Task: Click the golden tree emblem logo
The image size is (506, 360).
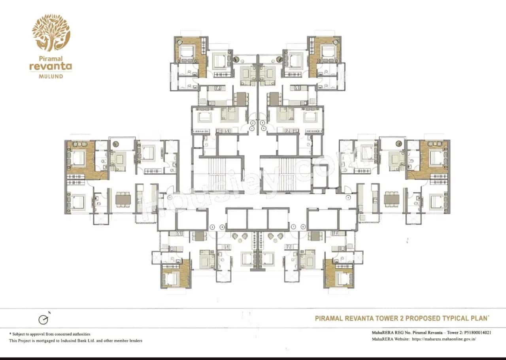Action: (51, 33)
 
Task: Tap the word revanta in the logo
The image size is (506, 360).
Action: (51, 66)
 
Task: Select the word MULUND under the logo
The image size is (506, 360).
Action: (51, 76)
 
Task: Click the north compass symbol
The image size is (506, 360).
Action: (43, 319)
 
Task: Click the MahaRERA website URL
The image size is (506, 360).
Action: (444, 339)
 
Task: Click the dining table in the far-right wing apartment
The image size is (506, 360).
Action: (391, 200)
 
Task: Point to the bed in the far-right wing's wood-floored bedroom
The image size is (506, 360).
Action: (437, 158)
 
